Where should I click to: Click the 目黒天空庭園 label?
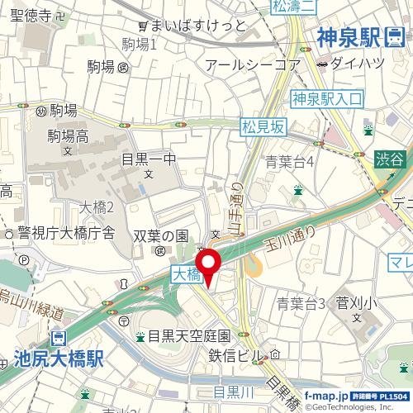(x=188, y=336)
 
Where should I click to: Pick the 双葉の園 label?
(x=162, y=235)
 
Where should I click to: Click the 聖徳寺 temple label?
(x=25, y=16)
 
